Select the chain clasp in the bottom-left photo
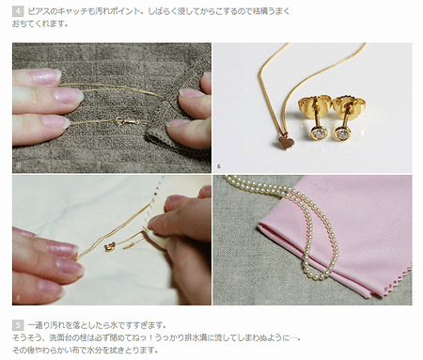pyautogui.click(x=111, y=245)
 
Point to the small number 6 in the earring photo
pyautogui.click(x=218, y=166)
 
